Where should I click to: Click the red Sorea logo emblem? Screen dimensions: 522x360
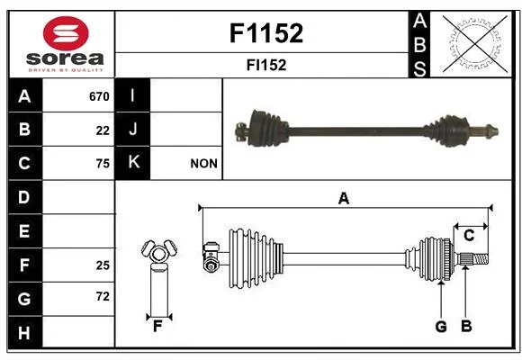pos(66,33)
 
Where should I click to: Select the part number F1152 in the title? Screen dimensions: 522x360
pos(266,33)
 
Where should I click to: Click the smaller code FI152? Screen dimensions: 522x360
pos(266,65)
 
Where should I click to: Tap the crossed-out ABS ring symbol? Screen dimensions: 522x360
pos(475,43)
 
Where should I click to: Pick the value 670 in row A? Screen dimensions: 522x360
pos(99,96)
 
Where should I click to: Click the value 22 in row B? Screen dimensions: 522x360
pos(103,130)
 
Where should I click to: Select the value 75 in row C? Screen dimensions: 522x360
pos(103,164)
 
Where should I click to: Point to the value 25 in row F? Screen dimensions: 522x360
pos(103,265)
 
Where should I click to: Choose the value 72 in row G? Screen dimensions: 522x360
pos(103,296)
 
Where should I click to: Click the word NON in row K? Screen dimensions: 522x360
pos(203,164)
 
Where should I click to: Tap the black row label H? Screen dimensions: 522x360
pos(25,332)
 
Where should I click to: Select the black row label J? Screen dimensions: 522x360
pos(132,130)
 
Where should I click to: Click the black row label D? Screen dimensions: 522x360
pos(25,197)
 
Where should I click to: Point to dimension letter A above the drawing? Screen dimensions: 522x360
pos(344,199)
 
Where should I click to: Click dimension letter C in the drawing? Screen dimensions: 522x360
pos(469,236)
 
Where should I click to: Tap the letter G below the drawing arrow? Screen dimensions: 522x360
pos(441,327)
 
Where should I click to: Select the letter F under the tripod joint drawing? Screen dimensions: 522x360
pos(157,327)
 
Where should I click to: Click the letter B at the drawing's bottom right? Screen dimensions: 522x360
pos(466,327)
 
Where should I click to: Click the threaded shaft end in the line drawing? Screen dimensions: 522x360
pos(480,259)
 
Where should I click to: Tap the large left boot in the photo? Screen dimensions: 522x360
pos(267,128)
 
